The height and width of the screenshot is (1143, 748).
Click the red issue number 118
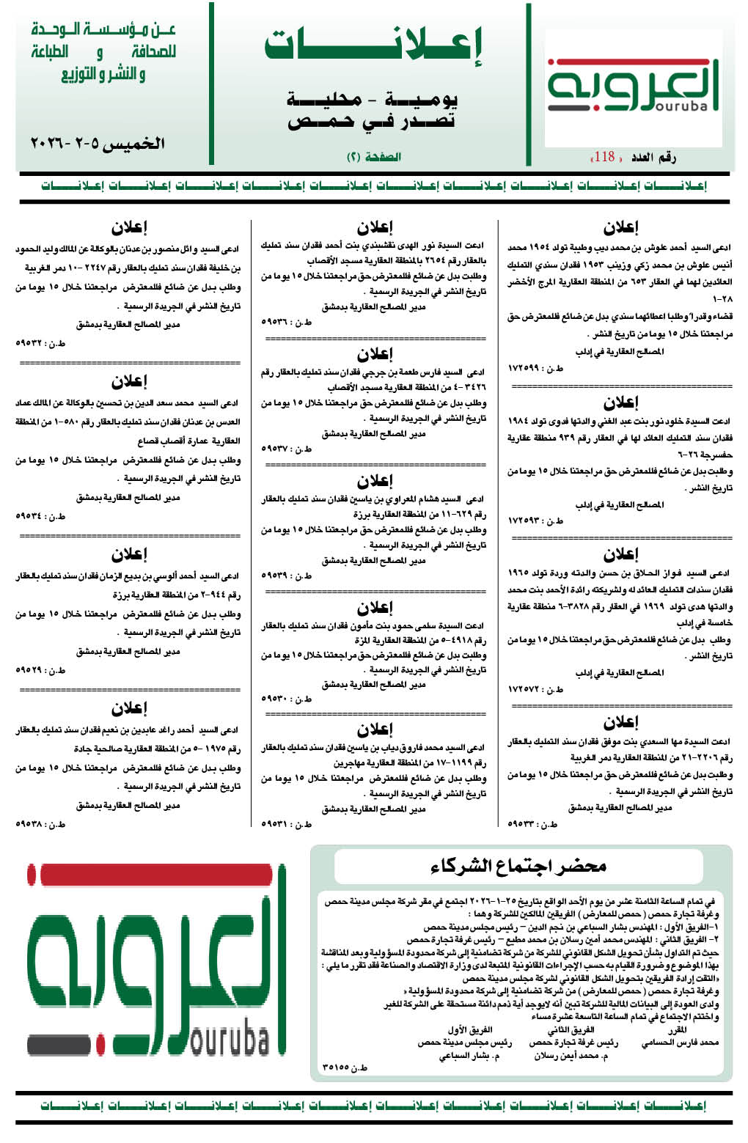tap(605, 156)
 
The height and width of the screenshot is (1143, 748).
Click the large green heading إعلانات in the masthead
tap(373, 46)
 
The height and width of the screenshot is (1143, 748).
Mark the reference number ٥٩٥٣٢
tap(32, 343)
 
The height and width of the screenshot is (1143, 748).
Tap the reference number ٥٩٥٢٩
tap(32, 669)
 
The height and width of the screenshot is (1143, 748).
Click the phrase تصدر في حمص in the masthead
tap(372, 121)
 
